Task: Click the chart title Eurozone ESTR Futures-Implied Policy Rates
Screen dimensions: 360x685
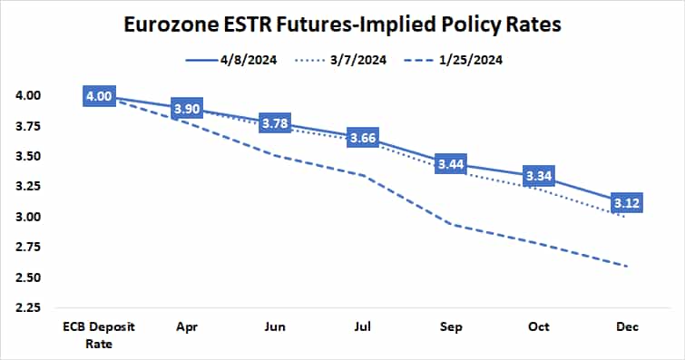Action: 342,24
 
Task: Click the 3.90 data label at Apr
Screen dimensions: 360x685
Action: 188,108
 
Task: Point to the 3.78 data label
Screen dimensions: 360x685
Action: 275,122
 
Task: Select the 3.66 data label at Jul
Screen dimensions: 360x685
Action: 363,138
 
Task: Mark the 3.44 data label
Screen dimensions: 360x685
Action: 451,164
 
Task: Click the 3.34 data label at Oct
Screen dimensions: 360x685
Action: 539,176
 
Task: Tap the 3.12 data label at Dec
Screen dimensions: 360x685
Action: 626,202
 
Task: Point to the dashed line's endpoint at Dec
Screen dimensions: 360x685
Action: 626,266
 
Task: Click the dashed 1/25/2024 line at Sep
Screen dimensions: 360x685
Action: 451,225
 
